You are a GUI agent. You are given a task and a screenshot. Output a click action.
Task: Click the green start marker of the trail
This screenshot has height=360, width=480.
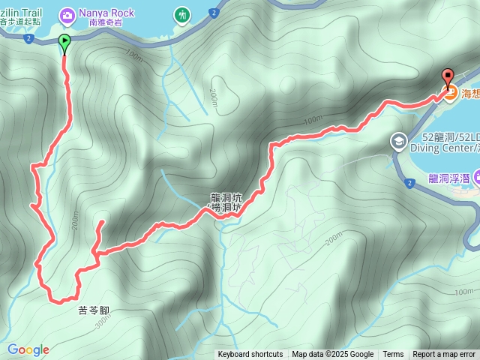coord(64,43)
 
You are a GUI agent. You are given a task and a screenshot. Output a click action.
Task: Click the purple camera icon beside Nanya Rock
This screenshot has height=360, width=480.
coord(67,14)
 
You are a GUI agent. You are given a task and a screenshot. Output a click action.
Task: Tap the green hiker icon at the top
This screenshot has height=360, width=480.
coord(181,14)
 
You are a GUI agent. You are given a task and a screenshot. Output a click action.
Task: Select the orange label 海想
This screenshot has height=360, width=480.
coord(470,94)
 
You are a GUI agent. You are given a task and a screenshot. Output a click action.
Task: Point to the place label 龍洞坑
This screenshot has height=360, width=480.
coord(226,199)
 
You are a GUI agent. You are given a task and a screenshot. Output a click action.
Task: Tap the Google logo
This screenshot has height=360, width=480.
coord(28,349)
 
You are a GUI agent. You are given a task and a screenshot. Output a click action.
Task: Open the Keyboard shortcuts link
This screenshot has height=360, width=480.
coord(250,355)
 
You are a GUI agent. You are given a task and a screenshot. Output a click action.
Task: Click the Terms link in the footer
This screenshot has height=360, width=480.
coord(393,355)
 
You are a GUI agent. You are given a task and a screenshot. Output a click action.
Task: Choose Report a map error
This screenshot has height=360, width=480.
coord(444,355)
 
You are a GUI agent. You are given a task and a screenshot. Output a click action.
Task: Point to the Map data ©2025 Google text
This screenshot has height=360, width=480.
coord(332,355)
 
